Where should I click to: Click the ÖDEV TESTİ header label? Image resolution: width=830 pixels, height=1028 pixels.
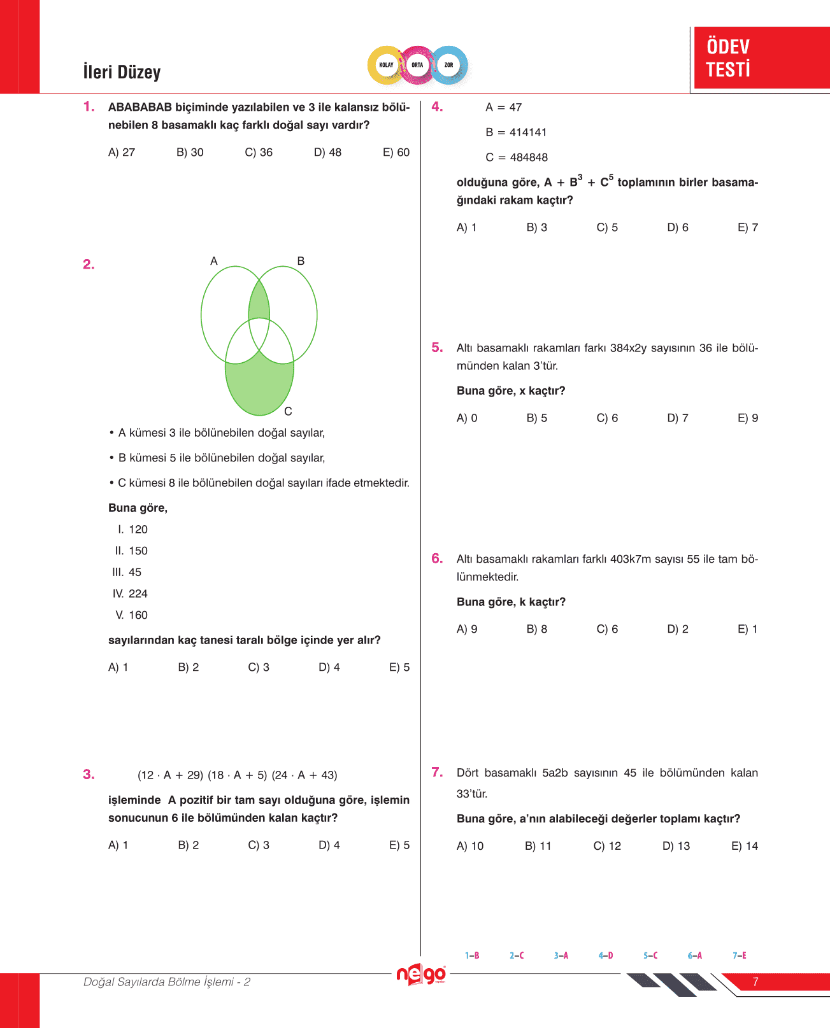click(x=728, y=58)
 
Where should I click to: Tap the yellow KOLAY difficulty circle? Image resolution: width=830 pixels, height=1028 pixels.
click(x=386, y=65)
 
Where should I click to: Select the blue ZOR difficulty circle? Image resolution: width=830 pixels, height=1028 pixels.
click(x=449, y=65)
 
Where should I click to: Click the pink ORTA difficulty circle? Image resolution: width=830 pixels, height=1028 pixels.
click(x=417, y=65)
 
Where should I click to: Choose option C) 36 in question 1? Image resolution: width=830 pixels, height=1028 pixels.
click(x=259, y=152)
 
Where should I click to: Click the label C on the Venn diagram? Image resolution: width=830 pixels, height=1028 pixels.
click(x=288, y=412)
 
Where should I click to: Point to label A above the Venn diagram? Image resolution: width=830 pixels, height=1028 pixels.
click(x=214, y=261)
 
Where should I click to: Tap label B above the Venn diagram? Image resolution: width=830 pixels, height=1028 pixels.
click(x=301, y=261)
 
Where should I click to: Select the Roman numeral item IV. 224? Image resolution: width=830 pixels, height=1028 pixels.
click(x=130, y=594)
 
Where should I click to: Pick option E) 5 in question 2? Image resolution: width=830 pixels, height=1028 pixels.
click(x=399, y=667)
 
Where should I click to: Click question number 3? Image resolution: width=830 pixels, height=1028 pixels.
click(x=89, y=775)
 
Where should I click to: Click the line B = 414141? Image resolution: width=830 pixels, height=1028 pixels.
click(x=516, y=132)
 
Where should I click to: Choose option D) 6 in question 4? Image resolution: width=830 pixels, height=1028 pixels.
click(x=677, y=227)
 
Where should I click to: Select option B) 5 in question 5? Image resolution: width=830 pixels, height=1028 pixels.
click(x=536, y=418)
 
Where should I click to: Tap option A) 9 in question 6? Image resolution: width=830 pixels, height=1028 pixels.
click(x=467, y=629)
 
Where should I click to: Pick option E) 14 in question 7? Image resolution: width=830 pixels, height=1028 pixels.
click(x=745, y=846)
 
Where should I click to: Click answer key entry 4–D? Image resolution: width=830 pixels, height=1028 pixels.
click(x=606, y=955)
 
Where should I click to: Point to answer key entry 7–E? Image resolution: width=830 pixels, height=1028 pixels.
click(x=740, y=955)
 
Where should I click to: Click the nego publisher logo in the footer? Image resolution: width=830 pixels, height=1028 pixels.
click(x=420, y=975)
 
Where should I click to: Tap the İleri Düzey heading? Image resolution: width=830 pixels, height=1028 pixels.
click(x=122, y=72)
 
